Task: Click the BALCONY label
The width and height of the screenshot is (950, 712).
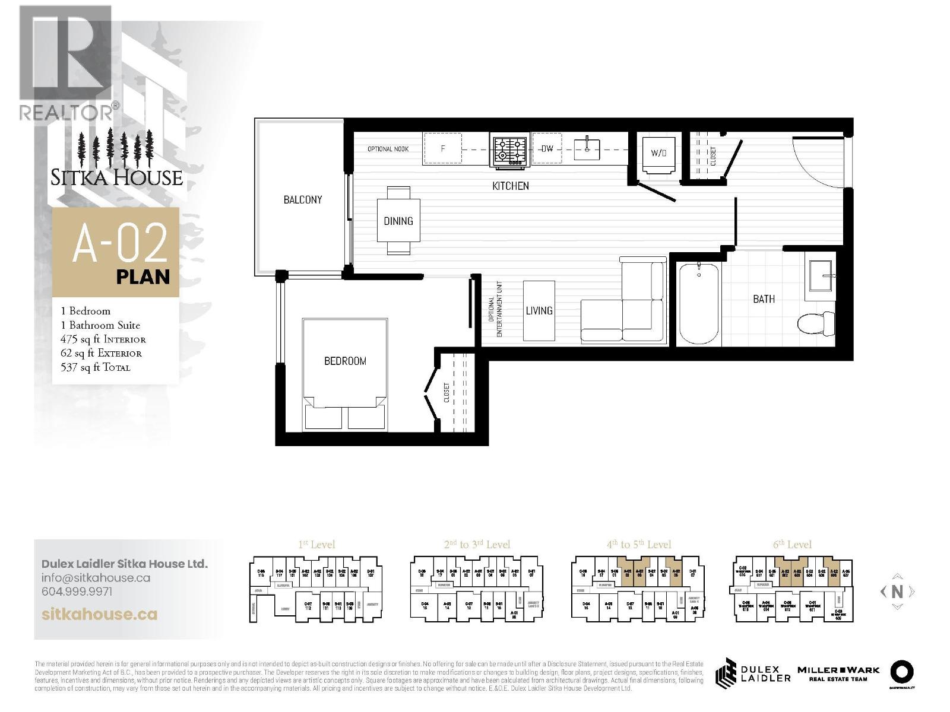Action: pyautogui.click(x=302, y=200)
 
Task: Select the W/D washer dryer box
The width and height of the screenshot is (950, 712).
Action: pyautogui.click(x=658, y=154)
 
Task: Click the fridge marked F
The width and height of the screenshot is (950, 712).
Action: pyautogui.click(x=442, y=149)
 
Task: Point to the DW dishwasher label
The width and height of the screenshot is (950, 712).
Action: pyautogui.click(x=547, y=149)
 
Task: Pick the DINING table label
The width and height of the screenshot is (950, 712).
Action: pyautogui.click(x=398, y=221)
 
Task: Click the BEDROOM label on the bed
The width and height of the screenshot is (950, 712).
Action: pyautogui.click(x=345, y=361)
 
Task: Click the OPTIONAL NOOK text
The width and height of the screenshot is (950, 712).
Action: pyautogui.click(x=388, y=149)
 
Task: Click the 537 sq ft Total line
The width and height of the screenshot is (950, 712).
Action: pyautogui.click(x=96, y=367)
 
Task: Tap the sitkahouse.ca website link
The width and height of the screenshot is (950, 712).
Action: pyautogui.click(x=100, y=614)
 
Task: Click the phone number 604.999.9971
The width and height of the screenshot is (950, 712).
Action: pyautogui.click(x=77, y=592)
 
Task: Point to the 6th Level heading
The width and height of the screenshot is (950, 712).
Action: pyautogui.click(x=793, y=544)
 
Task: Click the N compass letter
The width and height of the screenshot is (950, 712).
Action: pyautogui.click(x=897, y=591)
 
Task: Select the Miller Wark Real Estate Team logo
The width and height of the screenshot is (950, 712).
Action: pyautogui.click(x=837, y=673)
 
